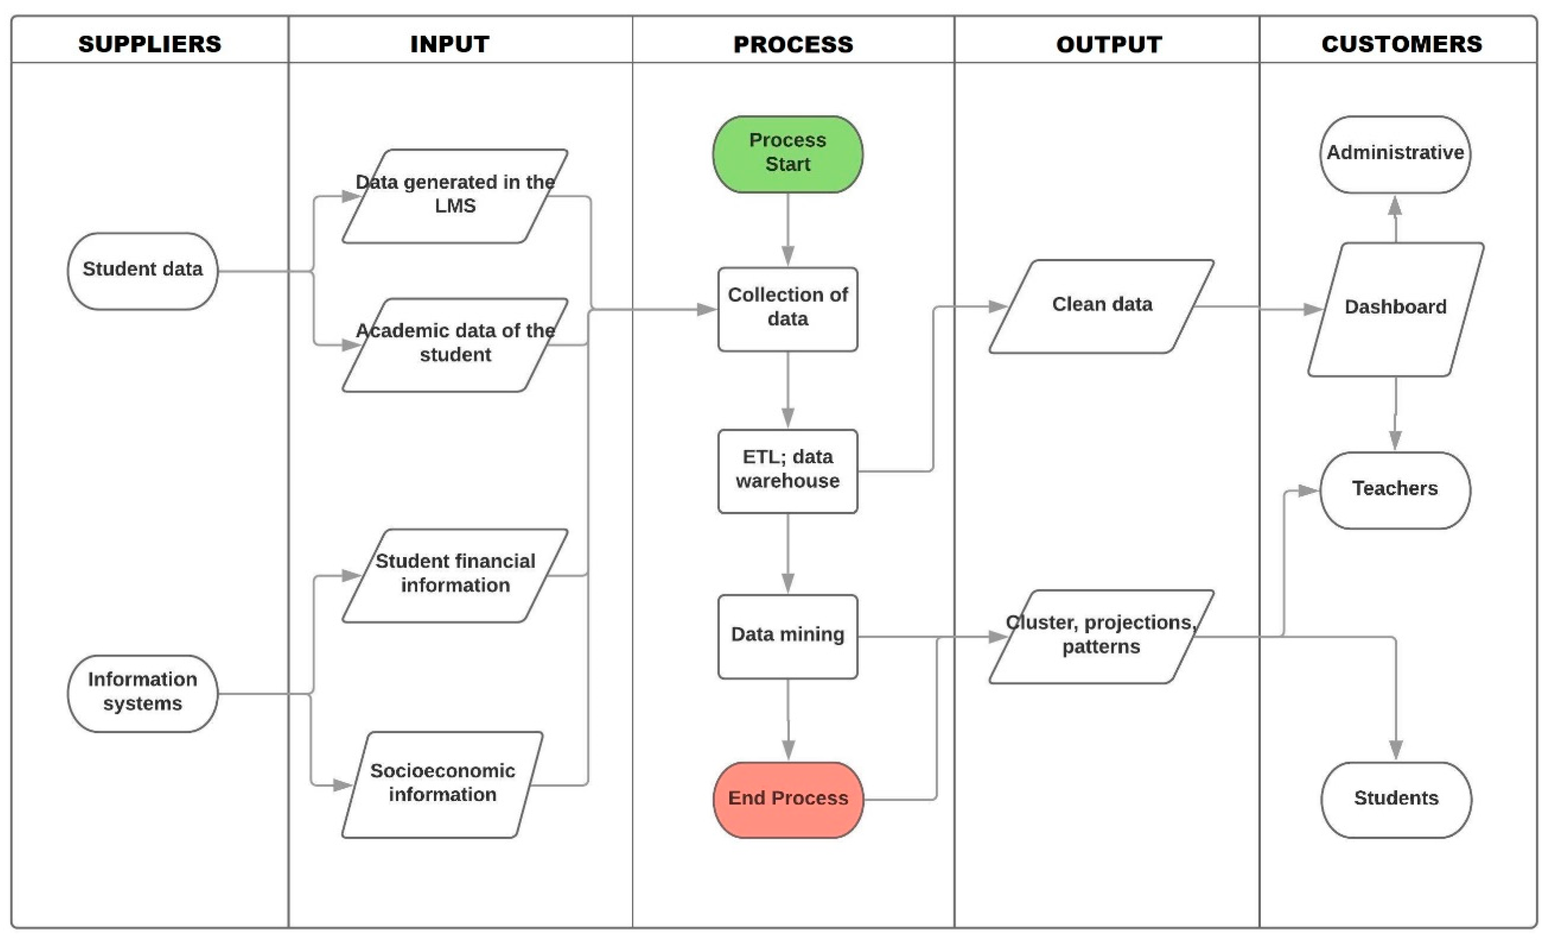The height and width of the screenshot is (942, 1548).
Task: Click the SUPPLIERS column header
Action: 150,44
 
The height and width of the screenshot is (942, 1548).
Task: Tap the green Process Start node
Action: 787,154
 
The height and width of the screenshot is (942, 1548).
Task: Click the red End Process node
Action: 788,799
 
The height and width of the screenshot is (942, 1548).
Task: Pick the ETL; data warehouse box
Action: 787,471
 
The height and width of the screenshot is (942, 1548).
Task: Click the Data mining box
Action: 787,636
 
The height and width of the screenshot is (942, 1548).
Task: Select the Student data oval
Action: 143,271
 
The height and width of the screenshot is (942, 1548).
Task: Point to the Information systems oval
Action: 143,693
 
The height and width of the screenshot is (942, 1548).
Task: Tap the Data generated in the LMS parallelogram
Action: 455,196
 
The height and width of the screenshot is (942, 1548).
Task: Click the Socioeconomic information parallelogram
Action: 442,784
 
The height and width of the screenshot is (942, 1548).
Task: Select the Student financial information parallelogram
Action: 455,575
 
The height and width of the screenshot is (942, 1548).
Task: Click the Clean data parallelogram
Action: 1101,306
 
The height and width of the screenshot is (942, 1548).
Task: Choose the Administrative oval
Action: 1395,154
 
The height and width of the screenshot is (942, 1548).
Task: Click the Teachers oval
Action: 1395,490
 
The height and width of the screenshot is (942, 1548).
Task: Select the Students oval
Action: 1396,799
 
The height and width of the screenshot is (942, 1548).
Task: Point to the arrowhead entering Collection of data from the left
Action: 707,309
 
